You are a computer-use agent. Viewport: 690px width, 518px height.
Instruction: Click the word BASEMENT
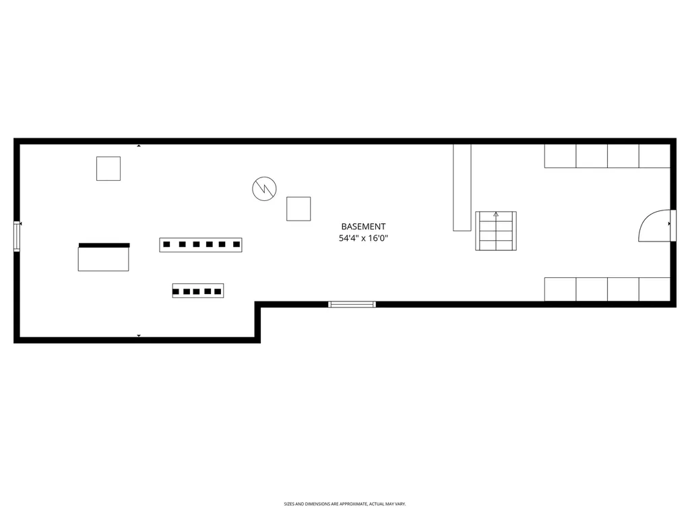pyautogui.click(x=363, y=227)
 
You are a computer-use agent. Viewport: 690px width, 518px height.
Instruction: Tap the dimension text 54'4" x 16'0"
pyautogui.click(x=363, y=238)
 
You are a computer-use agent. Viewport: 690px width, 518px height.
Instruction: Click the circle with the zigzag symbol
pyautogui.click(x=264, y=189)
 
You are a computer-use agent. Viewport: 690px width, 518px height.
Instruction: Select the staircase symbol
pyautogui.click(x=496, y=231)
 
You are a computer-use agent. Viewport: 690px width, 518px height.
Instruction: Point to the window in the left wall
pyautogui.click(x=17, y=236)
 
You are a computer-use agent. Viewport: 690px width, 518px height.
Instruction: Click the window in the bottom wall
pyautogui.click(x=352, y=304)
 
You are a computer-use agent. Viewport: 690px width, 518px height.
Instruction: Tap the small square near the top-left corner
pyautogui.click(x=108, y=169)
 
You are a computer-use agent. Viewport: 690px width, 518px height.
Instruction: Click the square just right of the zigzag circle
pyautogui.click(x=299, y=209)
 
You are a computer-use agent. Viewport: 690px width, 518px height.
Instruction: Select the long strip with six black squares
pyautogui.click(x=201, y=244)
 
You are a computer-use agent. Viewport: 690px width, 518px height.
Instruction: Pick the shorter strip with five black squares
pyautogui.click(x=198, y=291)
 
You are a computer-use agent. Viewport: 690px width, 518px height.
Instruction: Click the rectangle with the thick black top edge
pyautogui.click(x=103, y=257)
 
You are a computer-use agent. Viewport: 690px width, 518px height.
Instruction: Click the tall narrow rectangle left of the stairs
pyautogui.click(x=462, y=188)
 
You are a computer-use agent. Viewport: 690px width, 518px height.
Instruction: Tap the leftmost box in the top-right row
pyautogui.click(x=560, y=156)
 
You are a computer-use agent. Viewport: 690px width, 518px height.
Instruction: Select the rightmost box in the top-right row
pyautogui.click(x=654, y=156)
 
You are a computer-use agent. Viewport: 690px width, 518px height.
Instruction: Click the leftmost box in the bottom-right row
pyautogui.click(x=560, y=289)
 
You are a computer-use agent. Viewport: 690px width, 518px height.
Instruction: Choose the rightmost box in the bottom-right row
pyautogui.click(x=654, y=289)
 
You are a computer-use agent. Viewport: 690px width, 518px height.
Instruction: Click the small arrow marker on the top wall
pyautogui.click(x=139, y=146)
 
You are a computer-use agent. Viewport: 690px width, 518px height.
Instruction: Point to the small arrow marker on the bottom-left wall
pyautogui.click(x=139, y=336)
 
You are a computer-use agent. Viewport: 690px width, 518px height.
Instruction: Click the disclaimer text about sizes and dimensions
pyautogui.click(x=344, y=504)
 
